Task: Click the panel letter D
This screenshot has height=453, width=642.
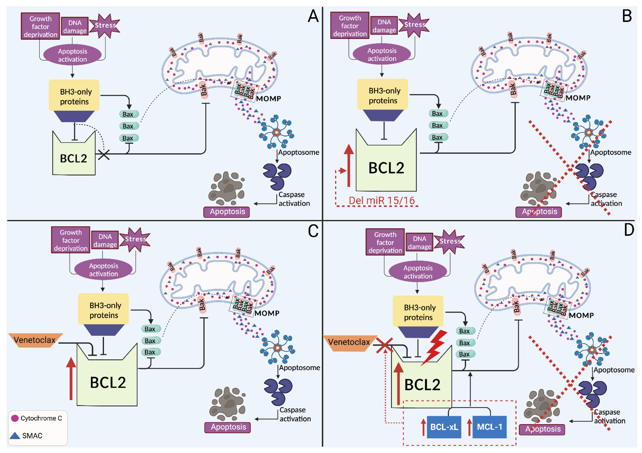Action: [629, 230]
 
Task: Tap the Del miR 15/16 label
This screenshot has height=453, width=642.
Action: [382, 201]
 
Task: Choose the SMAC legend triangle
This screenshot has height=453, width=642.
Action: [15, 435]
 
